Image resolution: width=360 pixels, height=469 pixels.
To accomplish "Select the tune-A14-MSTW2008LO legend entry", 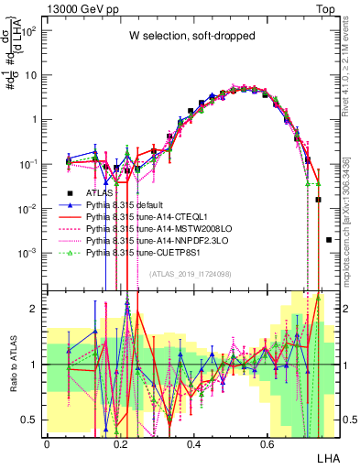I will tap(157, 229).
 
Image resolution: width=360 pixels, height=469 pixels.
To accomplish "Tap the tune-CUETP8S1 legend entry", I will tap(147, 251).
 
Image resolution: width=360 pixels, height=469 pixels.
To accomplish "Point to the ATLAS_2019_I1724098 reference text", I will tap(190, 274).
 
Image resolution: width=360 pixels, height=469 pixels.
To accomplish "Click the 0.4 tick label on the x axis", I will tap(193, 442).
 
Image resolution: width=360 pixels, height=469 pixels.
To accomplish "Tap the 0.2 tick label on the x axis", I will tap(120, 442).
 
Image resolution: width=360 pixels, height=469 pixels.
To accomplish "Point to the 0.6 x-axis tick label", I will tap(267, 442).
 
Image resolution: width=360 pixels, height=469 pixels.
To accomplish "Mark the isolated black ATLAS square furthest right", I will tap(329, 240).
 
